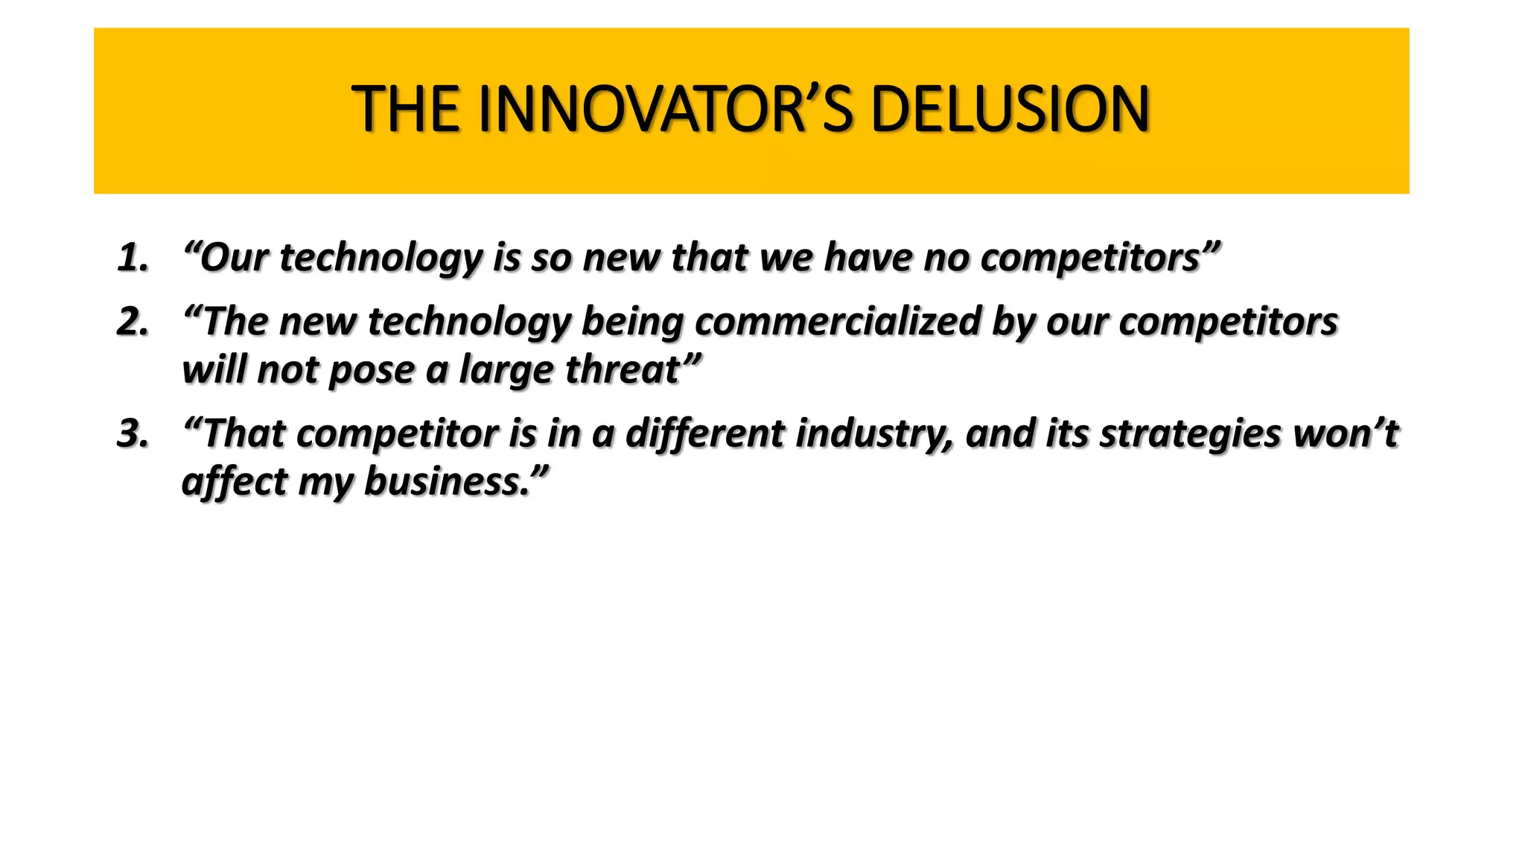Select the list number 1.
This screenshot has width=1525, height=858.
click(133, 258)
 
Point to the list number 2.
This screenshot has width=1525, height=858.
click(133, 322)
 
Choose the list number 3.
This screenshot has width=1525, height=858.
click(133, 433)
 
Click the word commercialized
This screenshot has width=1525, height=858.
click(838, 322)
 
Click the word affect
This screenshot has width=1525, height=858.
click(234, 481)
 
